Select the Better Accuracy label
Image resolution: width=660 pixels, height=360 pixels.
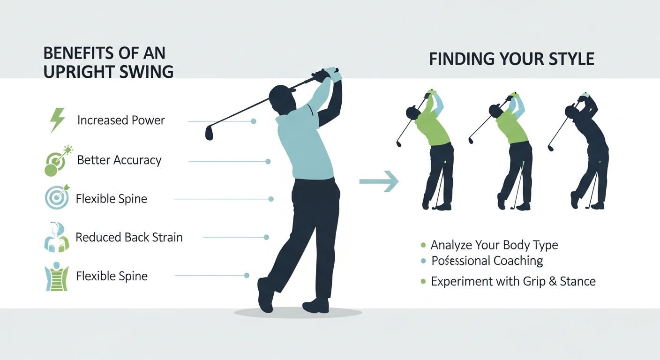tap(119, 160)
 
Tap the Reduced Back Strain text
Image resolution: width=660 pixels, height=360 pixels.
tap(129, 237)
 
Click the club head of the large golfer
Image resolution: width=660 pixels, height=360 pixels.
tap(209, 133)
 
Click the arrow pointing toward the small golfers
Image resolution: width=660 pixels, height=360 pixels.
tap(379, 181)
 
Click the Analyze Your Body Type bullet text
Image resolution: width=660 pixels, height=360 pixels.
tap(494, 245)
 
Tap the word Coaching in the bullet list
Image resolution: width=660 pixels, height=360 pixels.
tap(518, 261)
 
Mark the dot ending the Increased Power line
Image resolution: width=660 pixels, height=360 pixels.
tap(254, 121)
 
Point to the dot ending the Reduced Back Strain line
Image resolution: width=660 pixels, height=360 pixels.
tap(266, 237)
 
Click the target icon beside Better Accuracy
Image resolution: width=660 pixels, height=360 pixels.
tap(57, 161)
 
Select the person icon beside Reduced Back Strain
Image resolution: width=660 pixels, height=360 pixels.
tap(57, 237)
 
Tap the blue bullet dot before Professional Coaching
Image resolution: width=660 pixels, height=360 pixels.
tap(423, 261)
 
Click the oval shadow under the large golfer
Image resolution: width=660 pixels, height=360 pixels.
tap(298, 313)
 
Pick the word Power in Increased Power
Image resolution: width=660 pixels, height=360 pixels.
tap(148, 120)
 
